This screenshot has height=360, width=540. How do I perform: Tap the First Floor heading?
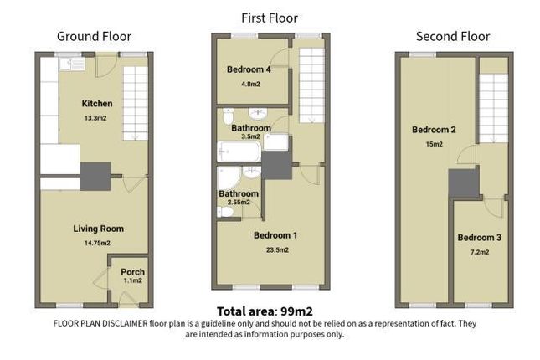pyautogui.click(x=269, y=18)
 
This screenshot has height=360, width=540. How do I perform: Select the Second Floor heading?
pyautogui.click(x=453, y=36)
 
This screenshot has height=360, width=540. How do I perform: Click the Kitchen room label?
pyautogui.click(x=96, y=104)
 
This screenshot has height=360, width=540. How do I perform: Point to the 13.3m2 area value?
pyautogui.click(x=96, y=118)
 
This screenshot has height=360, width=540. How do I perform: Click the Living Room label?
pyautogui.click(x=98, y=228)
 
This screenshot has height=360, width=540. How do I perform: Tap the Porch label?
pyautogui.click(x=132, y=272)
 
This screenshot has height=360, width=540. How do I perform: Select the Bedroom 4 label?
pyautogui.click(x=249, y=70)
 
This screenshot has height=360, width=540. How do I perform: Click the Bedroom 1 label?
pyautogui.click(x=276, y=236)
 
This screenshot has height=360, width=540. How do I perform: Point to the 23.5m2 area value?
pyautogui.click(x=276, y=249)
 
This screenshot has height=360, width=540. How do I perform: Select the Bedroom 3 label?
pyautogui.click(x=479, y=238)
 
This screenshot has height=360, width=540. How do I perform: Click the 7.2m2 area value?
pyautogui.click(x=479, y=251)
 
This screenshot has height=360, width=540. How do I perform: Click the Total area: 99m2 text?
pyautogui.click(x=265, y=311)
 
